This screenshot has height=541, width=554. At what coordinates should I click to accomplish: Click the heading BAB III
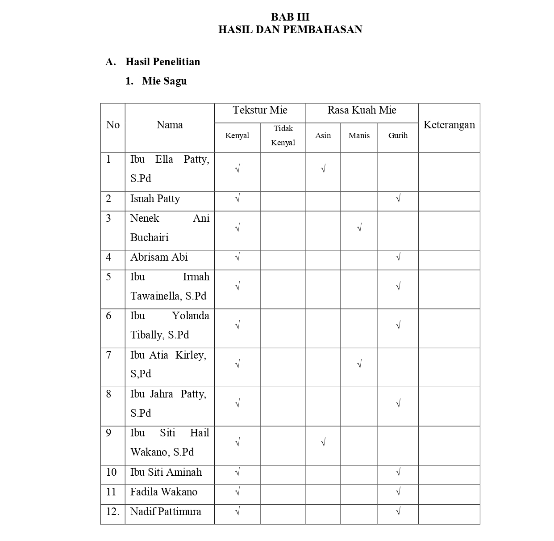(x=290, y=17)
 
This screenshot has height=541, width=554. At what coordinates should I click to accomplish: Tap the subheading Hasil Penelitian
(x=162, y=62)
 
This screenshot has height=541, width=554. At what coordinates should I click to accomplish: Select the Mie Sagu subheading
(x=164, y=81)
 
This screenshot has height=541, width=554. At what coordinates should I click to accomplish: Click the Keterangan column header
(x=449, y=125)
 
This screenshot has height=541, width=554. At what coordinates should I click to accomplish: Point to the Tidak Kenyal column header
(x=283, y=135)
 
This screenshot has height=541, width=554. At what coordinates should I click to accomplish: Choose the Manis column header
(x=359, y=135)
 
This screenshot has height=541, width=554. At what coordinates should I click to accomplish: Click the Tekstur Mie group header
(x=260, y=110)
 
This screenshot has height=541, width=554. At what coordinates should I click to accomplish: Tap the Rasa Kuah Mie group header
(x=362, y=110)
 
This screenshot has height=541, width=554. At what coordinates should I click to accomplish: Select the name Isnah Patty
(x=155, y=199)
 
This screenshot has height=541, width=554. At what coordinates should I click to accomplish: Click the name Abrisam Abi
(x=159, y=257)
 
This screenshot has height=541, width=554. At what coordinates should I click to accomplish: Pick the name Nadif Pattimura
(x=166, y=511)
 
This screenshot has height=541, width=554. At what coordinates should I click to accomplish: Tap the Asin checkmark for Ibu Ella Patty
(x=323, y=169)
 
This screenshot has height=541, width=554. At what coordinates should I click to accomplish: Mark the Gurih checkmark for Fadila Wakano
(x=398, y=492)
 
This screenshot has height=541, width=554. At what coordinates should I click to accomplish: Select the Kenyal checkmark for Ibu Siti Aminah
(x=237, y=472)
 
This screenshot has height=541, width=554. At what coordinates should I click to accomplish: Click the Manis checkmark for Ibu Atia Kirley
(x=359, y=364)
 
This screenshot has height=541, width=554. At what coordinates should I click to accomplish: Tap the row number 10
(x=111, y=472)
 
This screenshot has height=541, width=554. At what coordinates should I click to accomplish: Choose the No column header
(x=113, y=125)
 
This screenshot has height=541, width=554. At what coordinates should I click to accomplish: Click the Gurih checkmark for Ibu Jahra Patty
(x=398, y=404)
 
